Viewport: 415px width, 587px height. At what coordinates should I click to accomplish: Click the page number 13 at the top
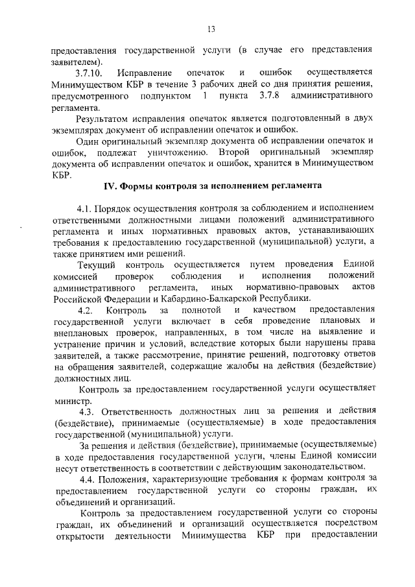pos(211,29)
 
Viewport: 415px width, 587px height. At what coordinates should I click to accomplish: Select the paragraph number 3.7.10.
pos(89,73)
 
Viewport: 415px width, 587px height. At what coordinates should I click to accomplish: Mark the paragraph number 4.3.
pos(88,410)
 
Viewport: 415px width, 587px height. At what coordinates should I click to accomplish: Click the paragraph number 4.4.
pos(88,479)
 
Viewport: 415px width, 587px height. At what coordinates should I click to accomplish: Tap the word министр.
pos(71,400)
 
